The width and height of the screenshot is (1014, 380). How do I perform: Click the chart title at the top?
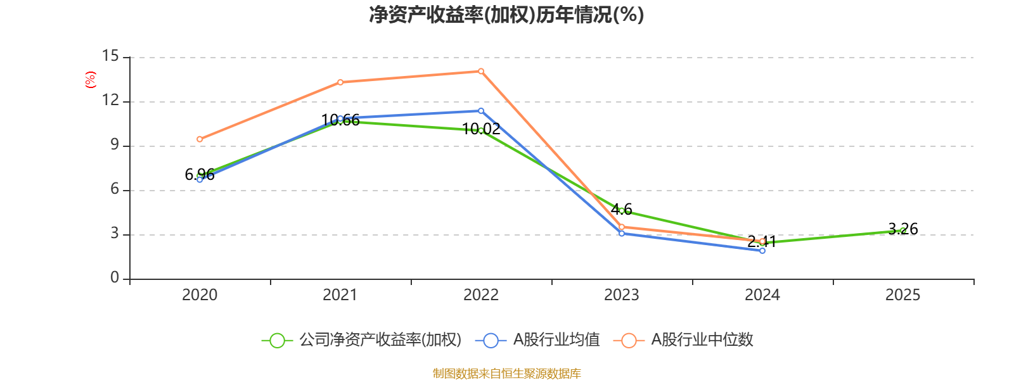tap(506, 15)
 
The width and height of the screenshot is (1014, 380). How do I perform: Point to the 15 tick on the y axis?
tap(110, 56)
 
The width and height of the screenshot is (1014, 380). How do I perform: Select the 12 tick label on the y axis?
tap(110, 100)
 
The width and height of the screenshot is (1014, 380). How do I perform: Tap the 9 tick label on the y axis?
tap(114, 144)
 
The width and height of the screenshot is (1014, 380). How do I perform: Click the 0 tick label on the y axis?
tap(114, 277)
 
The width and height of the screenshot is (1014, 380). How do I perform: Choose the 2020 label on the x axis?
tap(200, 294)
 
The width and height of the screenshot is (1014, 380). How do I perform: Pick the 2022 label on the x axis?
tap(481, 294)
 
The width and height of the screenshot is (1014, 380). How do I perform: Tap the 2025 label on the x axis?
tap(902, 294)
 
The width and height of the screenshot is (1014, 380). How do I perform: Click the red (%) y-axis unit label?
tap(91, 80)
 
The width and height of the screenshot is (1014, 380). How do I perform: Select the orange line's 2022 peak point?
tap(481, 71)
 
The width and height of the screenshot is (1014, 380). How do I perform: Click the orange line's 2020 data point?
tap(200, 139)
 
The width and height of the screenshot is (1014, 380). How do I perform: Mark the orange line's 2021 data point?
tap(340, 82)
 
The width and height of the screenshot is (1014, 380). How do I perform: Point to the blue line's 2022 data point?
tap(481, 111)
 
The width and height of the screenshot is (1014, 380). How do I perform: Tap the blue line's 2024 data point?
tap(762, 251)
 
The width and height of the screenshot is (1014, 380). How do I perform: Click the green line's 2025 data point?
tap(902, 231)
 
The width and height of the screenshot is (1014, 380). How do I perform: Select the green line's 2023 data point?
tap(622, 210)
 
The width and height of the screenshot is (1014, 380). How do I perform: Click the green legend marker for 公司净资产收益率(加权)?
tap(277, 340)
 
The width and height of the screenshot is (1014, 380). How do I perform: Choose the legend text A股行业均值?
tap(556, 340)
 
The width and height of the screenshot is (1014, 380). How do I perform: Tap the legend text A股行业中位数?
tap(702, 340)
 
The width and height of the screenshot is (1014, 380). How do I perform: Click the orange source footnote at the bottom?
tap(506, 374)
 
